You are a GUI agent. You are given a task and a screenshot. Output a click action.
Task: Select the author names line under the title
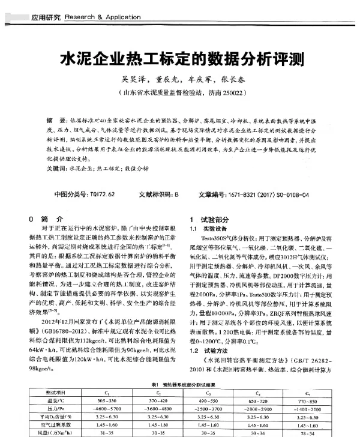[179, 79]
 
